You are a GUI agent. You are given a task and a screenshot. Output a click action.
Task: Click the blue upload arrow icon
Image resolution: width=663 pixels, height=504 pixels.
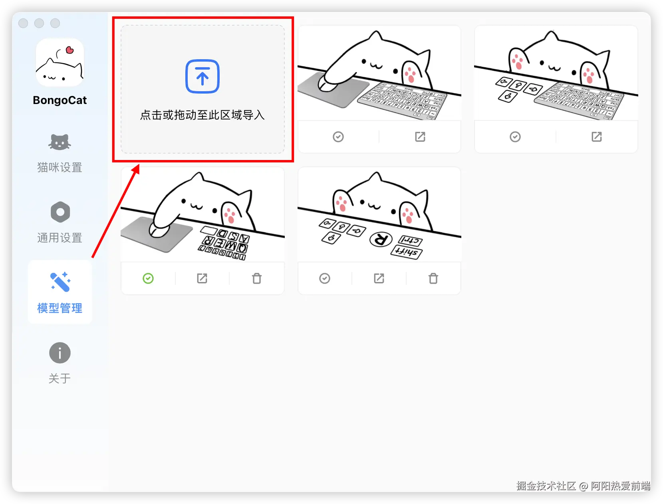[x=202, y=76]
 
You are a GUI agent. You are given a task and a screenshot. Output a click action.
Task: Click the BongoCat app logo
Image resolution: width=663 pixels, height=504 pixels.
[x=60, y=63]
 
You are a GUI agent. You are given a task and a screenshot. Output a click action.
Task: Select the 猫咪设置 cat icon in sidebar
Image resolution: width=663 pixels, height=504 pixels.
[x=60, y=142]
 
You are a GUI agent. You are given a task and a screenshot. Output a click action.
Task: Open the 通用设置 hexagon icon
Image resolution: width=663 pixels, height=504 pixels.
[x=60, y=212]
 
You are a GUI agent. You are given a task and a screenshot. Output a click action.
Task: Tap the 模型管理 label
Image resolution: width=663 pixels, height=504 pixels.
[x=60, y=308]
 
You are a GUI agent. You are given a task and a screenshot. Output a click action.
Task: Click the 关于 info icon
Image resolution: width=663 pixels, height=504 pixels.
[x=60, y=353]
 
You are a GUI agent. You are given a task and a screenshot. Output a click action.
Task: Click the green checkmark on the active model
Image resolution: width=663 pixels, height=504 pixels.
[x=148, y=278]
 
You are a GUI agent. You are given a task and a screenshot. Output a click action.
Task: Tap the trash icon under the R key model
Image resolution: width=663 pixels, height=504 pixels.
[x=433, y=278]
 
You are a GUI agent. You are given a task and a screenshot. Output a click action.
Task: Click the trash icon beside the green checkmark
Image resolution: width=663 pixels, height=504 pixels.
[x=257, y=278]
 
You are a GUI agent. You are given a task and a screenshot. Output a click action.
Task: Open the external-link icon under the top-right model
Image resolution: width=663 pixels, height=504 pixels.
[x=597, y=137]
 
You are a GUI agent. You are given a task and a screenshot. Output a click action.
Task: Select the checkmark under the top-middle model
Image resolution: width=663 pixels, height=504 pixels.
[x=338, y=137]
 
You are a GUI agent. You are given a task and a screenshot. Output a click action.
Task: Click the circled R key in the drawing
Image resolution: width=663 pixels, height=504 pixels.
[x=381, y=239]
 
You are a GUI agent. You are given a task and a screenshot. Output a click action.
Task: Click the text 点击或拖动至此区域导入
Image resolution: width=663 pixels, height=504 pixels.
[x=202, y=115]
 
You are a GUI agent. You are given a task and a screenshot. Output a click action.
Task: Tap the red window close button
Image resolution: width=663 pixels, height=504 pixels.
[x=24, y=23]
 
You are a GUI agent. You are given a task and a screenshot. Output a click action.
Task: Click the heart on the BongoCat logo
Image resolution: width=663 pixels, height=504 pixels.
[x=70, y=50]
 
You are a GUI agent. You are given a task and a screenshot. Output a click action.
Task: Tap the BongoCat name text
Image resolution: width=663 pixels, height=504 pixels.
[x=60, y=100]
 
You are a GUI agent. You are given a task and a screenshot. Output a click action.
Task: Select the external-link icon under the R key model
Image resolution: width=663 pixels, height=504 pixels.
[x=379, y=278]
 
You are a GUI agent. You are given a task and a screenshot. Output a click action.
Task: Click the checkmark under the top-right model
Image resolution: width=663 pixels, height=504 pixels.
[x=515, y=137]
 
